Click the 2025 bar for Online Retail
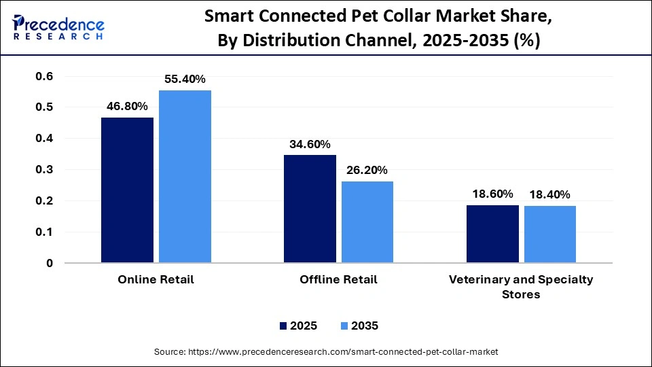pos(127,190)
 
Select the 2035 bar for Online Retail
pos(185,176)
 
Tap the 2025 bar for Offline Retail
pos(310,209)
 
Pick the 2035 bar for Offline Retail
pos(367,222)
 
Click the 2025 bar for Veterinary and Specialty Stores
pos(492,234)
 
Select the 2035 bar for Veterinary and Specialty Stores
pos(550,234)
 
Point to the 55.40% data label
pos(185,80)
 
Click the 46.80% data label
pos(127,106)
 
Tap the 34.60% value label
pos(310,144)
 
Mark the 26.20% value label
pos(367,170)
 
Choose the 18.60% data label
pos(492,194)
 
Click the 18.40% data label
pos(550,194)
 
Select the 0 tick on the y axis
pos(49,263)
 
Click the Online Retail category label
pos(156,280)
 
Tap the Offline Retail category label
pos(338,280)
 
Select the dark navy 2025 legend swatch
pos(283,326)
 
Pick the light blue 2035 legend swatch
pos(344,326)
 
